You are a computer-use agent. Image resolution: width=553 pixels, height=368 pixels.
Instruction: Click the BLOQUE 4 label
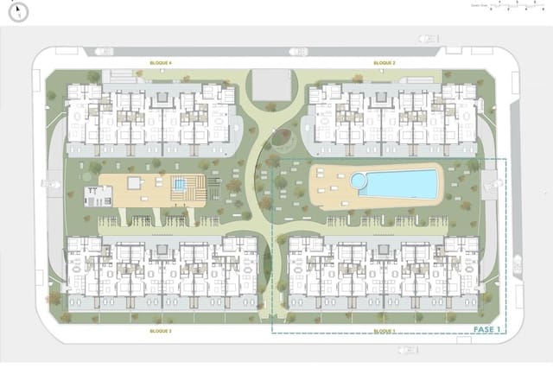pyautogui.click(x=161, y=63)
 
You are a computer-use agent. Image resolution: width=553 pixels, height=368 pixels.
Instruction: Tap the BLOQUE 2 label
pyautogui.click(x=385, y=63)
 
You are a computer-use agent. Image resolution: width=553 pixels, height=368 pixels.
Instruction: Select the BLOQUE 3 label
pyautogui.click(x=160, y=331)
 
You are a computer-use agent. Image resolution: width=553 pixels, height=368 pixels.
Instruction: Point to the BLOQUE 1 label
pyautogui.click(x=384, y=331)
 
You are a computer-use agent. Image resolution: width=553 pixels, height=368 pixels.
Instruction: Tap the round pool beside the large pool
pyautogui.click(x=358, y=181)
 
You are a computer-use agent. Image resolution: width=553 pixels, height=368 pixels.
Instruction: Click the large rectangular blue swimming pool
pyautogui.click(x=400, y=183)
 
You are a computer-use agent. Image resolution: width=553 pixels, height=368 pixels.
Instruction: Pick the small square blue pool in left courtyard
pyautogui.click(x=180, y=183)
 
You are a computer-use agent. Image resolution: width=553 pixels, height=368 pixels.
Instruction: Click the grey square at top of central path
pyautogui.click(x=268, y=85)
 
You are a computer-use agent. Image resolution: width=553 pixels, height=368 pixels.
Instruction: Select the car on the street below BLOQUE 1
pyautogui.click(x=403, y=349)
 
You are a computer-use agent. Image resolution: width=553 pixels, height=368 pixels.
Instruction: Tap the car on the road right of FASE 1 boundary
pyautogui.click(x=518, y=263)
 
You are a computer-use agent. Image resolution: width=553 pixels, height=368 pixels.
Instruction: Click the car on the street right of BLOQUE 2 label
pyautogui.click(x=428, y=38)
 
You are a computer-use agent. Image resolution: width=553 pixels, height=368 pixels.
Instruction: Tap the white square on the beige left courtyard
pyautogui.click(x=135, y=182)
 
